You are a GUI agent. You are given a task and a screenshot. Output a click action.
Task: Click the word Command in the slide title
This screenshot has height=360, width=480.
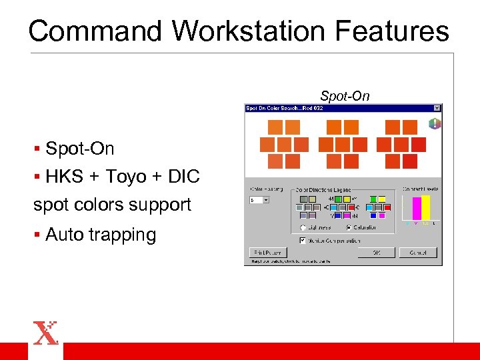[95, 31]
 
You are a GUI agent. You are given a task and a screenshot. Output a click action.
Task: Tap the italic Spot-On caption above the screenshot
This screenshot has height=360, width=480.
[344, 96]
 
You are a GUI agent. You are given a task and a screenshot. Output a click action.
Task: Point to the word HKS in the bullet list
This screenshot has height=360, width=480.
[64, 176]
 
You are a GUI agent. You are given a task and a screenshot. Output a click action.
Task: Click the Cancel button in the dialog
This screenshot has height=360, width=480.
[417, 253]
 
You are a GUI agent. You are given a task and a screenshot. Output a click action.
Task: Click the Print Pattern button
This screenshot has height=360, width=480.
[267, 253]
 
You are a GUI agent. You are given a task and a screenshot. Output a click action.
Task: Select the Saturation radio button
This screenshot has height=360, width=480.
[348, 227]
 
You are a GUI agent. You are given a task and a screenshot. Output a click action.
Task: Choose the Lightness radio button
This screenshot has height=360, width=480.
[303, 227]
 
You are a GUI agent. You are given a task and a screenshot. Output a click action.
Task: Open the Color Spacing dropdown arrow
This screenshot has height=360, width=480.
[266, 199]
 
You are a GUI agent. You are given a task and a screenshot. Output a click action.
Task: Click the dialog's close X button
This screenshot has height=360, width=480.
[437, 108]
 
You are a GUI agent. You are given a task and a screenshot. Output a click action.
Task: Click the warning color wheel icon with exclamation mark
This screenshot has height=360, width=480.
[434, 123]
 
